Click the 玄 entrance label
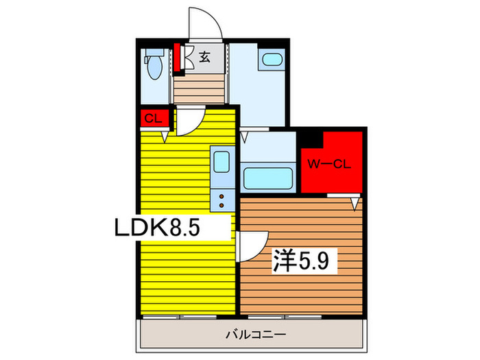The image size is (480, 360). (204, 58)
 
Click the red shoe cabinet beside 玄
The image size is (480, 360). (178, 58)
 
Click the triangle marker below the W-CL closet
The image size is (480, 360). (354, 204)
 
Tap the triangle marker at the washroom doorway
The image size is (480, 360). (244, 137)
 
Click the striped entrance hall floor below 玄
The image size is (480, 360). (199, 88)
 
